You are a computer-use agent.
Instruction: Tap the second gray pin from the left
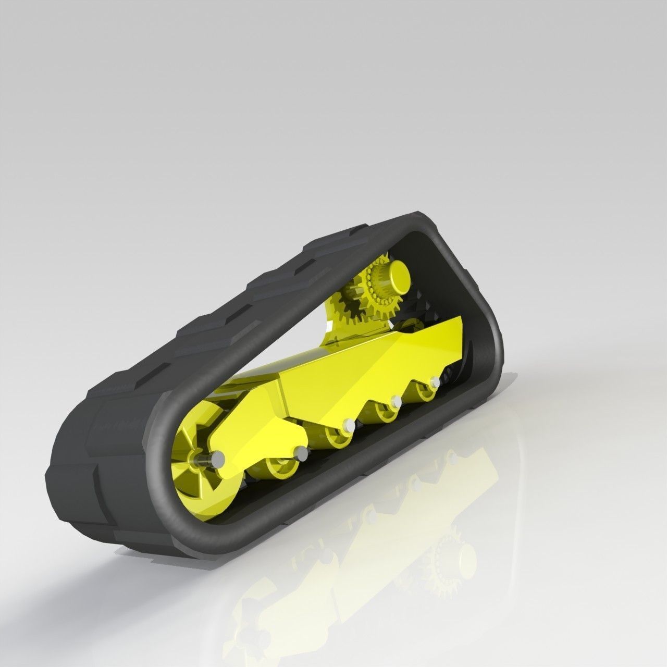tap(301, 451)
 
